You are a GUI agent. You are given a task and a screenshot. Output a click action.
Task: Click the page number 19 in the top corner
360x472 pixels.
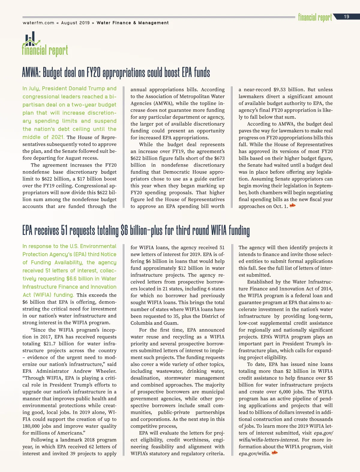pos(346,17)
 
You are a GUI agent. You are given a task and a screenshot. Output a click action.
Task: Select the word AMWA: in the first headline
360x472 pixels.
pos(31,73)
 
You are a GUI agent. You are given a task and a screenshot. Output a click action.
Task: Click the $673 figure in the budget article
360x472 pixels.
pos(218,158)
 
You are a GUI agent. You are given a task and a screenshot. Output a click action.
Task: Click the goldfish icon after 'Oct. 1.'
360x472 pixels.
pos(292,206)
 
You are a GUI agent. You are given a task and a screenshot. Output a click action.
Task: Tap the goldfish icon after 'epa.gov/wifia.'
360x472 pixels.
pos(274,453)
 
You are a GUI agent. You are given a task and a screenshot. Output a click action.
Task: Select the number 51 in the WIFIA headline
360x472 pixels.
pos(64,231)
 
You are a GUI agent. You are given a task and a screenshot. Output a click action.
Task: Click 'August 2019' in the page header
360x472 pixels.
pos(75,23)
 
